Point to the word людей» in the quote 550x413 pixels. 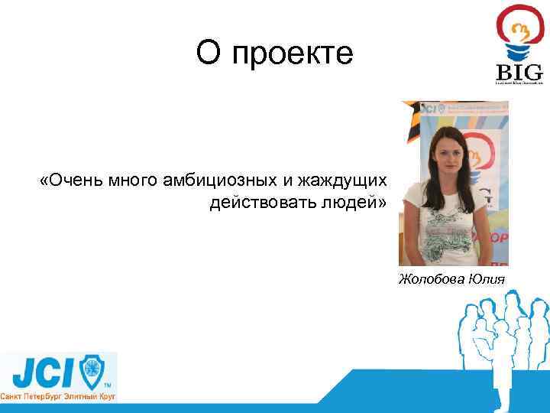359,203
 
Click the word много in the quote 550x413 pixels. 132,180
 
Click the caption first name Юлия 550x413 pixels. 487,278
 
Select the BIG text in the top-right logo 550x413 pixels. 519,72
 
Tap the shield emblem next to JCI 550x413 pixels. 93,372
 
